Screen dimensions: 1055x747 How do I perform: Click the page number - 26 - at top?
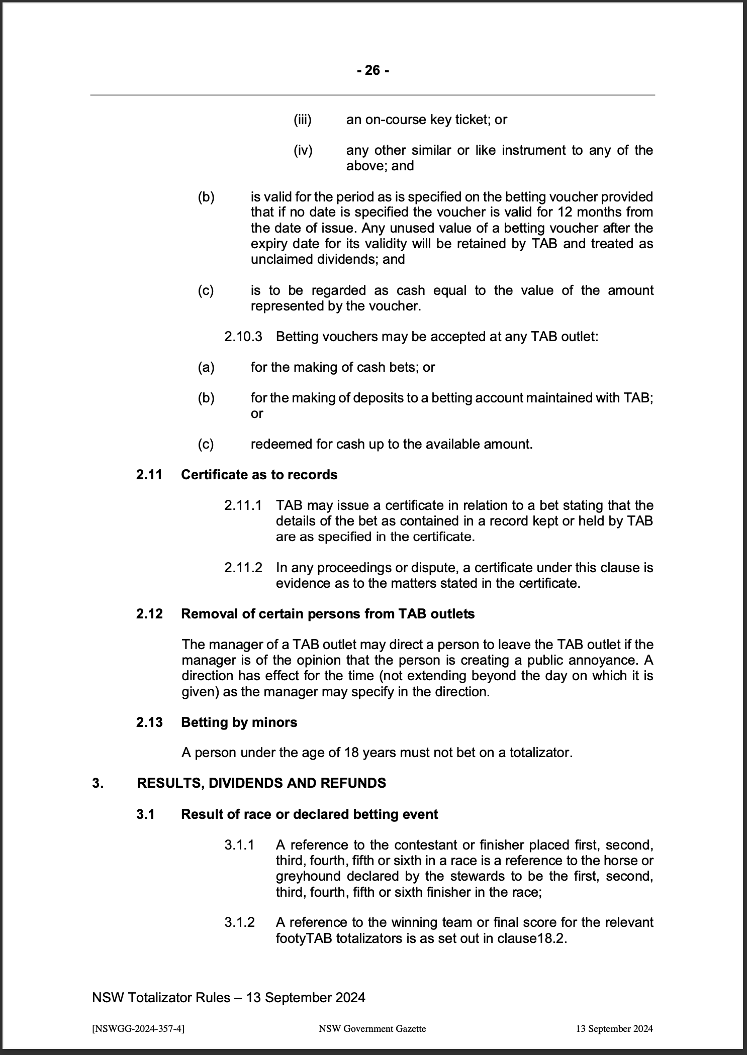pos(372,70)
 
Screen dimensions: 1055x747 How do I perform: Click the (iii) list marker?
pos(303,120)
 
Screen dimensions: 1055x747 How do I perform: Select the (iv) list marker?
pos(303,150)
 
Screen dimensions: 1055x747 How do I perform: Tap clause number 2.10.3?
pos(243,336)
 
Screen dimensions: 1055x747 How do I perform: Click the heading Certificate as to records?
pos(259,474)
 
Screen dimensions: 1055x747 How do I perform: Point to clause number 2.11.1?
pos(243,505)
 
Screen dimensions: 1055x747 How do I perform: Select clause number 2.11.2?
pos(243,568)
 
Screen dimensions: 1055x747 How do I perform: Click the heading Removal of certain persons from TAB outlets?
pos(327,614)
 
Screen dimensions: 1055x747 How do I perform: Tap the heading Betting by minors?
pos(239,722)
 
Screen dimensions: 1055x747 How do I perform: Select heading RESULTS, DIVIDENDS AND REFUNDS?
pos(261,783)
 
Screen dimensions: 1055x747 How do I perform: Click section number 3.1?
pos(145,814)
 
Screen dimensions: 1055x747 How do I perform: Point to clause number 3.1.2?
pos(239,922)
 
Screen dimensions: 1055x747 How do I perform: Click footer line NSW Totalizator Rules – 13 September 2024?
pos(229,997)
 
